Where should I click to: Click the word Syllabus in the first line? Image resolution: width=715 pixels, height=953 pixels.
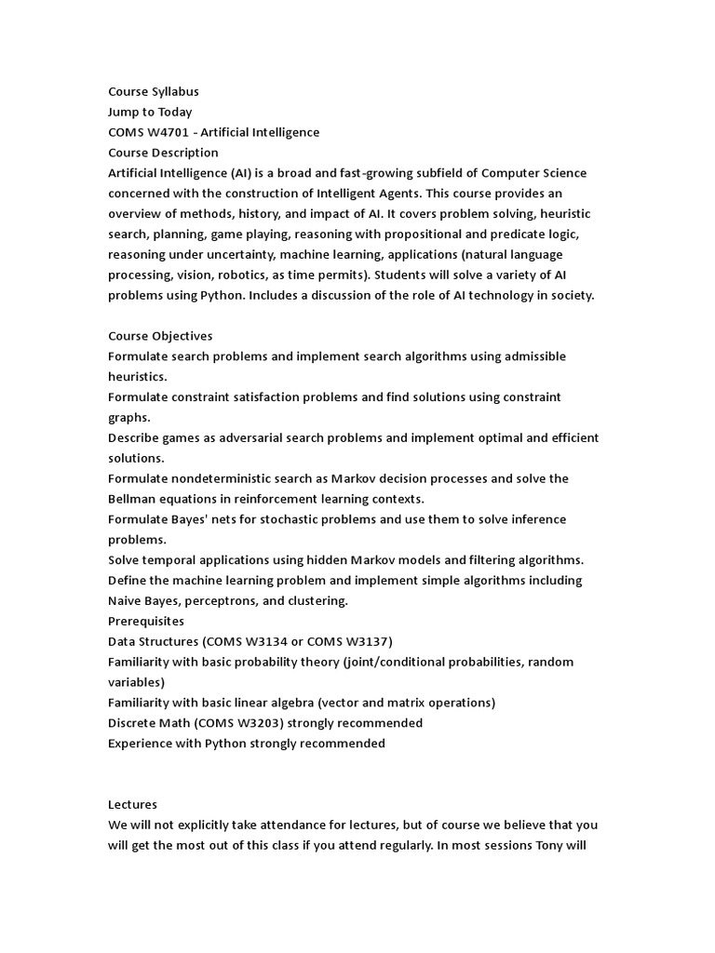point(174,91)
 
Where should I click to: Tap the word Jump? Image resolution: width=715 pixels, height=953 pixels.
point(124,112)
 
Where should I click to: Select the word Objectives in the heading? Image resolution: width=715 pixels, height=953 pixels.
point(181,336)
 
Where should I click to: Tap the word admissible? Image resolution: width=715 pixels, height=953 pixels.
point(533,356)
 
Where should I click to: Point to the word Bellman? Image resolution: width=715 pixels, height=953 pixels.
point(131,499)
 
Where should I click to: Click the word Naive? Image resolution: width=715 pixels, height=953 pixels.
point(126,600)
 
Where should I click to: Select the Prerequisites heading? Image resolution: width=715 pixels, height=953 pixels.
point(146,621)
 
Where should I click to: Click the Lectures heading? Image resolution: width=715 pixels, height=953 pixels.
point(132,804)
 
